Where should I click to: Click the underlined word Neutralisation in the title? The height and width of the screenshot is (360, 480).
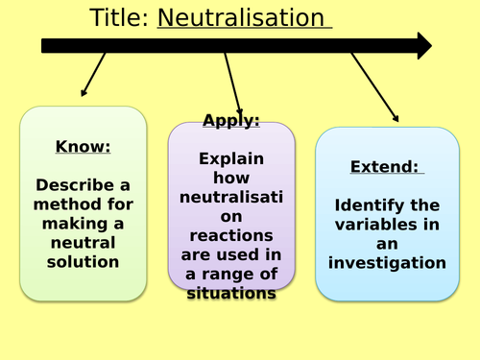point(242,17)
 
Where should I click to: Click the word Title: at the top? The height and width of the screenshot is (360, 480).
point(119,17)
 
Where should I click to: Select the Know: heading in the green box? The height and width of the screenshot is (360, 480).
point(84,147)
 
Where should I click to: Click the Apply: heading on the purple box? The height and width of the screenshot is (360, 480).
point(230,120)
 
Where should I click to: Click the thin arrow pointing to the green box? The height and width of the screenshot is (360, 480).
point(92,75)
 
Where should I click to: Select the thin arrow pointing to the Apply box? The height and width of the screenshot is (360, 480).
point(233,84)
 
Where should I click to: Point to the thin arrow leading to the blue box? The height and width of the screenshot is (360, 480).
point(374,87)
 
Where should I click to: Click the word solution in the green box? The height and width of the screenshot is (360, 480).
point(84,261)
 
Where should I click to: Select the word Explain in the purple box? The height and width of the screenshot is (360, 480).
point(230,159)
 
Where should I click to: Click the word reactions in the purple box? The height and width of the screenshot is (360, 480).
point(230,235)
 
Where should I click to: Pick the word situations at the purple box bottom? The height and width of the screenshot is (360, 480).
point(230,293)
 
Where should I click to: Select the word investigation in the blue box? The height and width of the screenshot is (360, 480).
point(385,262)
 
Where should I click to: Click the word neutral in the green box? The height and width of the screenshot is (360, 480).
point(84,242)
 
